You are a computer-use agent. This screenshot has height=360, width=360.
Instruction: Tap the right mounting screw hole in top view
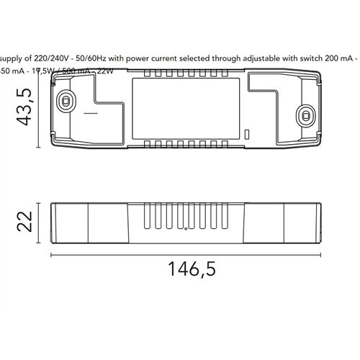(x=306, y=114)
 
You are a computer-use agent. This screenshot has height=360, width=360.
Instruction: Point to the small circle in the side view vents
(x=186, y=230)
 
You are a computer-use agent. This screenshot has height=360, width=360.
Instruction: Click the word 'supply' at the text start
(x=12, y=56)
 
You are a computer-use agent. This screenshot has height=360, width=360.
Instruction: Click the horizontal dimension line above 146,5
(x=186, y=253)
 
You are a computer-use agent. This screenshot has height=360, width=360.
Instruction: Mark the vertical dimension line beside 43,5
(x=37, y=109)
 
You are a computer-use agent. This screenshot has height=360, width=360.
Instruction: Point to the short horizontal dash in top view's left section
(x=90, y=113)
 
